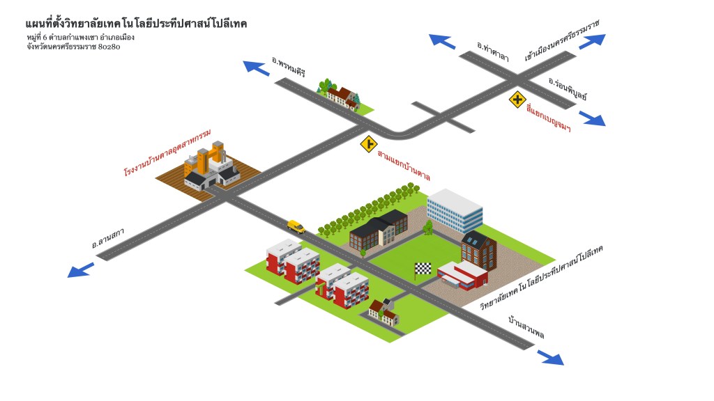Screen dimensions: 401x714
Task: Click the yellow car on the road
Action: [x=296, y=226]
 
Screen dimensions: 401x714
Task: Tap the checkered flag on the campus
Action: [x=423, y=269]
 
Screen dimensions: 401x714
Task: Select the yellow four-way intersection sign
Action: [x=517, y=100]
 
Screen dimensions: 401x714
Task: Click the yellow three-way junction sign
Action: [x=368, y=144]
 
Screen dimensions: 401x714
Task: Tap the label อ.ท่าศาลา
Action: [x=493, y=51]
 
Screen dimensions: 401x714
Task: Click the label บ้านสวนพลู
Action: [x=526, y=328]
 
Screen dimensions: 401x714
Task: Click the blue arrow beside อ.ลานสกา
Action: [x=80, y=269]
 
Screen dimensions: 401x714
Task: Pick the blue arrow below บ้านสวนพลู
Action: [x=551, y=358]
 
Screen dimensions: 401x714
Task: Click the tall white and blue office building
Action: [x=455, y=210]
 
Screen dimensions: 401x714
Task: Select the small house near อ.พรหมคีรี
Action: [x=341, y=96]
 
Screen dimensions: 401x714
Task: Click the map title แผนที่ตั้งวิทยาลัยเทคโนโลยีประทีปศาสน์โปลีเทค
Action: [x=136, y=24]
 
